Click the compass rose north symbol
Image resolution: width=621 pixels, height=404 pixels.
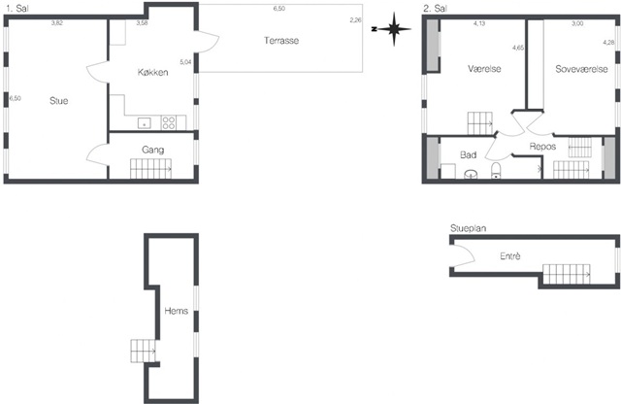click(394, 29)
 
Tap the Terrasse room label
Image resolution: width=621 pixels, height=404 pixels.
click(281, 41)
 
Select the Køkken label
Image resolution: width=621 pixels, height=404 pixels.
click(153, 72)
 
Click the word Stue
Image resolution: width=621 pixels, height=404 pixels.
click(58, 101)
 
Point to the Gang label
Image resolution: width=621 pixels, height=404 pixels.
click(153, 150)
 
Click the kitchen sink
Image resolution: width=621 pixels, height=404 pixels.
click(145, 123)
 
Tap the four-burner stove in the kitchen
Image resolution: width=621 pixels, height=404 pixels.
click(169, 122)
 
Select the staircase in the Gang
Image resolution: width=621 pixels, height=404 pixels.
click(151, 169)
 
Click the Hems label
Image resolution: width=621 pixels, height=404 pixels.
click(176, 311)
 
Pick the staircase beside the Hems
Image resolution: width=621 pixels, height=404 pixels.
click(143, 351)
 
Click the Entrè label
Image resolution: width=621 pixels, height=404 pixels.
click(510, 256)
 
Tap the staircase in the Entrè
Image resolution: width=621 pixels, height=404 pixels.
click(567, 274)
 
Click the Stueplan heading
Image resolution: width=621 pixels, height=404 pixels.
click(468, 228)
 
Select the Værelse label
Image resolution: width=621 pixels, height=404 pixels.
click(484, 69)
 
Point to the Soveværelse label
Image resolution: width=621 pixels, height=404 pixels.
click(581, 69)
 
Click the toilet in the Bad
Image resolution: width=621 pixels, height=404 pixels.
click(496, 171)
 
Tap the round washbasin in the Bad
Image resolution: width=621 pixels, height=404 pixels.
click(471, 174)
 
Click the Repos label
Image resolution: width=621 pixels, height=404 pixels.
click(542, 147)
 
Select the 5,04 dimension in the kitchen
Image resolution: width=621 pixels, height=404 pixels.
click(185, 62)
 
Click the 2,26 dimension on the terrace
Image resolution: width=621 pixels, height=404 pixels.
click(356, 19)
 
